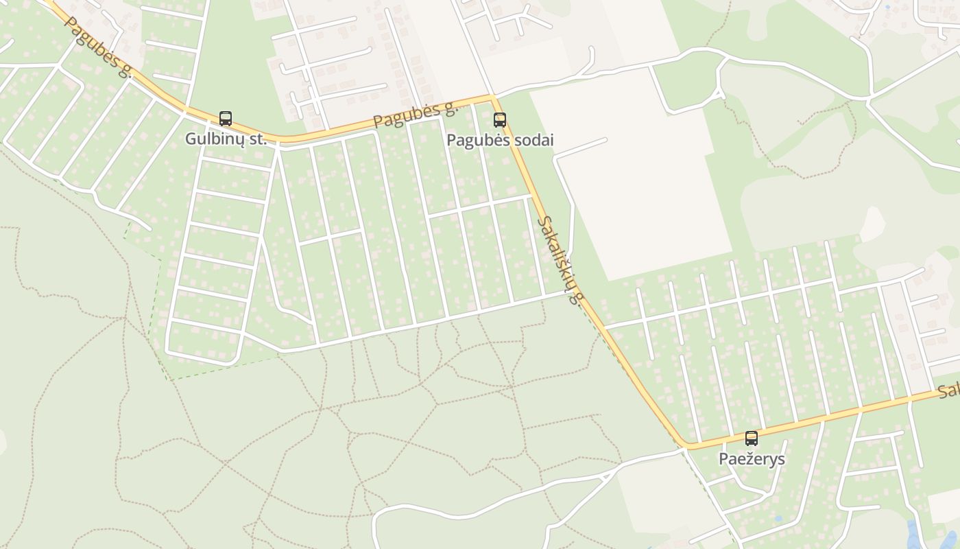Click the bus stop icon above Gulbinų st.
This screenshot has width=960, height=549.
click(226, 119)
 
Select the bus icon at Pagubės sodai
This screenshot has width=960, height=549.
click(500, 120)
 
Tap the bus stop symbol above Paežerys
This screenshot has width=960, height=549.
click(752, 439)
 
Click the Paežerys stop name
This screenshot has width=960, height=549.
click(752, 458)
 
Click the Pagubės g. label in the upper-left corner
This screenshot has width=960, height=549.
click(97, 47)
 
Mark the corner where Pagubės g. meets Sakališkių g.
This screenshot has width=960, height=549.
click(492, 97)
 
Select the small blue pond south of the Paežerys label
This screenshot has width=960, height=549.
click(778, 518)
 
